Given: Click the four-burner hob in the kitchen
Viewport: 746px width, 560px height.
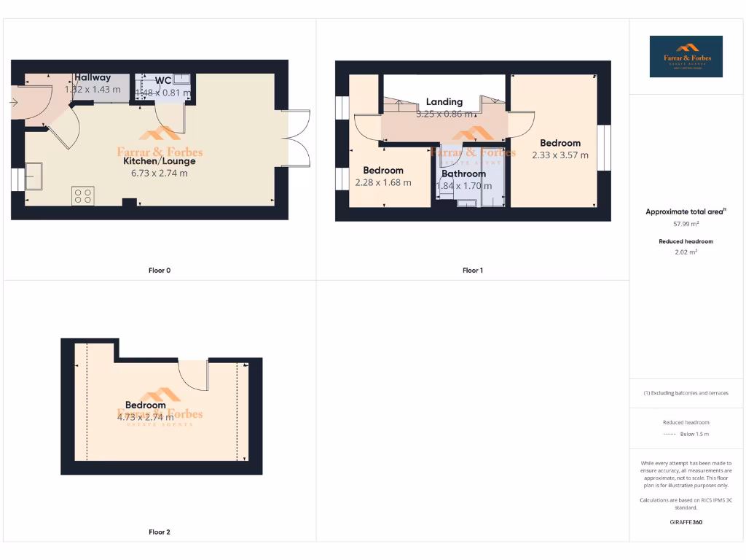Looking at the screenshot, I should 82,195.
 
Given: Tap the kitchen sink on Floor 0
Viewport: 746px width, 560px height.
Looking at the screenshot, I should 34,176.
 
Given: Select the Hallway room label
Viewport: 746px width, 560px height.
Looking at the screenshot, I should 93,77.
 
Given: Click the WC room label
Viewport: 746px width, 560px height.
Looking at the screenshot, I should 163,79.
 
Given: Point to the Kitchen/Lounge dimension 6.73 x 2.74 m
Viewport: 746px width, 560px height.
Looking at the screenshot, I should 159,173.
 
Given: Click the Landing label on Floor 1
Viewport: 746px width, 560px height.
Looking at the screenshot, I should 444,102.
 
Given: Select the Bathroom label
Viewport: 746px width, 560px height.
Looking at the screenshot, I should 463,174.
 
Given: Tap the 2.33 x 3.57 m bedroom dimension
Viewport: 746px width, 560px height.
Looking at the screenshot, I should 560,155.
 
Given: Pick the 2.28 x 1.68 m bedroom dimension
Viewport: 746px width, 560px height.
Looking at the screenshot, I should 382,182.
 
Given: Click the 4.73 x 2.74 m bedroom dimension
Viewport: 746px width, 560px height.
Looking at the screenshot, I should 145,417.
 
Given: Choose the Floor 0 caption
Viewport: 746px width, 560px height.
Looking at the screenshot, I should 160,271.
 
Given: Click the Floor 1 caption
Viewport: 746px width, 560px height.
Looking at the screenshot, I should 472,271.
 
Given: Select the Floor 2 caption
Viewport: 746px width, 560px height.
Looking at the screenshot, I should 160,532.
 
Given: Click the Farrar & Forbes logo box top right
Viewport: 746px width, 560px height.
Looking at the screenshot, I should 686,56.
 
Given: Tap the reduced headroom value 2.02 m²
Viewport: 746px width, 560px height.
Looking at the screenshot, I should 686,252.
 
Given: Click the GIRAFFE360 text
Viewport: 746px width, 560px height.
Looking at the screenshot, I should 686,522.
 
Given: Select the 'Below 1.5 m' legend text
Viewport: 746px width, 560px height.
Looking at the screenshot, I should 694,434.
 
